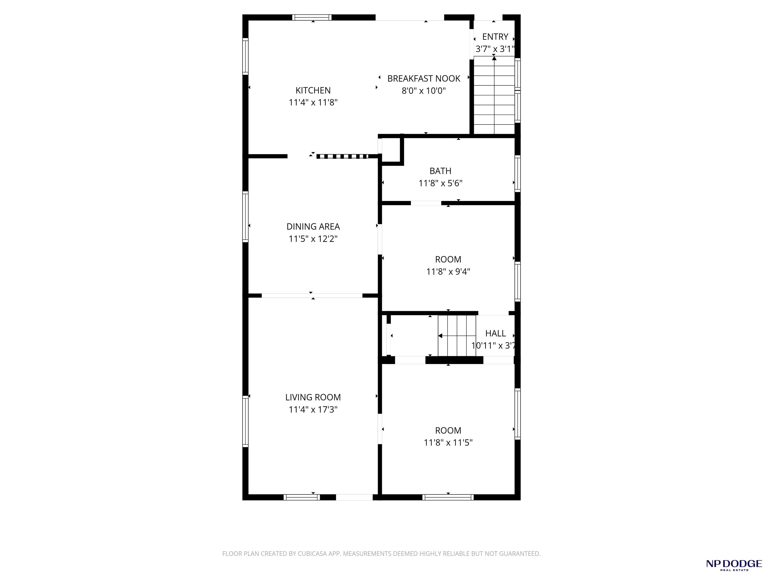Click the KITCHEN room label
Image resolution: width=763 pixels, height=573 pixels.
(x=313, y=91)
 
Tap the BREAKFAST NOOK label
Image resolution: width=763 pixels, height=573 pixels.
(x=423, y=79)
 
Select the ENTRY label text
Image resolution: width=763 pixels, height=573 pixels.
(x=495, y=37)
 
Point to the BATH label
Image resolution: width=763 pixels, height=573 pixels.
(x=440, y=171)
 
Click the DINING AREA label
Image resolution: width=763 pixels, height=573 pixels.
(x=313, y=227)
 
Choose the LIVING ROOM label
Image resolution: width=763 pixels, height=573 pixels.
(x=313, y=397)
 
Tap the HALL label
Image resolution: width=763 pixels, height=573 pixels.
(x=495, y=333)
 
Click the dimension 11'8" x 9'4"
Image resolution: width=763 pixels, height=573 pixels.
(x=448, y=272)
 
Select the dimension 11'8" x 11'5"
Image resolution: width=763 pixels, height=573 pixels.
(x=448, y=443)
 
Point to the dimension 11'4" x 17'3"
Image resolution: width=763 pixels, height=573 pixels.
(x=313, y=410)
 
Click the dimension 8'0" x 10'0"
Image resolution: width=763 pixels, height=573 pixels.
(x=423, y=91)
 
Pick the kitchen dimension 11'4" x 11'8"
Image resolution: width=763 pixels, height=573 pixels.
(x=313, y=102)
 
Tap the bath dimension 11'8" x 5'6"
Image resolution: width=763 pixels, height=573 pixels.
(x=440, y=183)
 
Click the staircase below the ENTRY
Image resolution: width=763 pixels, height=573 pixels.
(x=494, y=95)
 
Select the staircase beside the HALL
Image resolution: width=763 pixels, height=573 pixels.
(x=457, y=335)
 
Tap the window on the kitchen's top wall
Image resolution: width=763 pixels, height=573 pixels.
(x=312, y=17)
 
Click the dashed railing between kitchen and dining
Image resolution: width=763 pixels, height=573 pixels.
(x=343, y=156)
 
